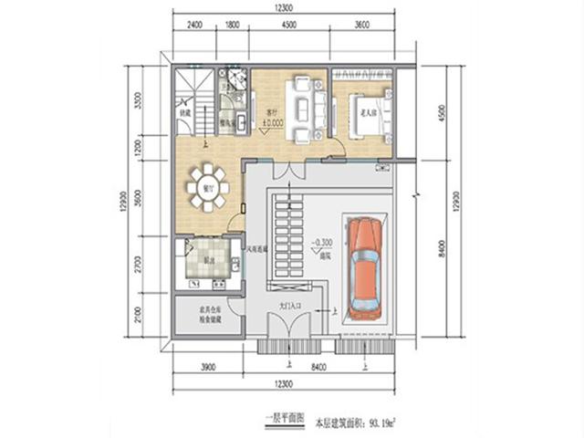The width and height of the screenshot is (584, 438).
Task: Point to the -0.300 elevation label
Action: pyautogui.click(x=321, y=245)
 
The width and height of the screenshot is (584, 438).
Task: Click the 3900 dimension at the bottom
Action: pyautogui.click(x=207, y=368)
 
